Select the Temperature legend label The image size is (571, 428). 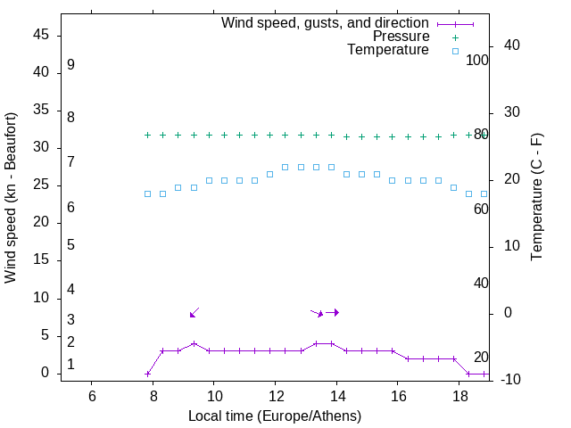[x=388, y=50]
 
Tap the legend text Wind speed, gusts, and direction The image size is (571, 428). [x=325, y=23]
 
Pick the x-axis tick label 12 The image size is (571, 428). [x=275, y=396]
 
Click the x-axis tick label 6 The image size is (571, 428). [x=91, y=396]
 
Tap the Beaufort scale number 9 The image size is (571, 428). [x=70, y=65]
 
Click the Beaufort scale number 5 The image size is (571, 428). [x=70, y=244]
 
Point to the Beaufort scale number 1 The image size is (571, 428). [x=70, y=365]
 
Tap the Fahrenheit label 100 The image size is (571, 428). [x=477, y=61]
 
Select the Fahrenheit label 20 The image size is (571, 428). [x=481, y=357]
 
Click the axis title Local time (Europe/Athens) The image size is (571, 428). [x=274, y=416]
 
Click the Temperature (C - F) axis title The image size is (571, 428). [x=536, y=198]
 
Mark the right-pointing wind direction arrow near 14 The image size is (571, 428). [x=332, y=312]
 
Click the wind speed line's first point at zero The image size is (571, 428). [x=148, y=374]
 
